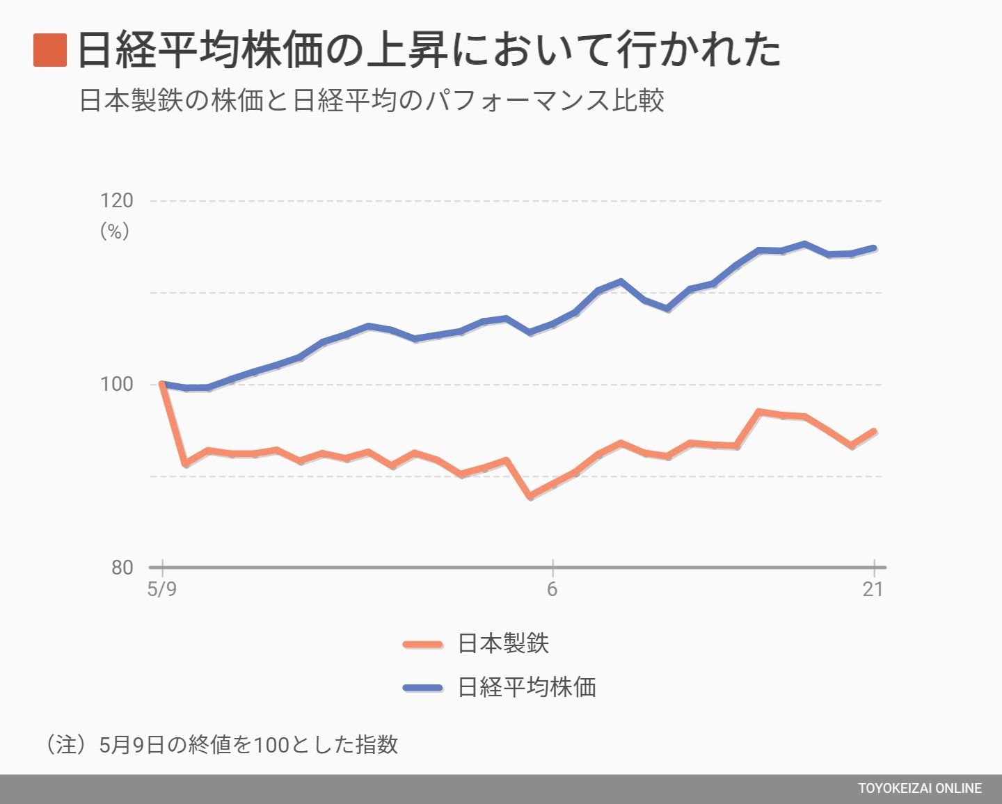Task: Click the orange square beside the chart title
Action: tap(50, 50)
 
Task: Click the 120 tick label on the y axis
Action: tap(116, 201)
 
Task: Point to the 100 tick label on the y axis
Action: tap(116, 384)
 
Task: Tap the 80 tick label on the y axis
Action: tap(122, 568)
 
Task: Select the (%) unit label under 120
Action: tap(115, 231)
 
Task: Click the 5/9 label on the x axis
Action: tap(161, 590)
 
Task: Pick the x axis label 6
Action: tap(552, 590)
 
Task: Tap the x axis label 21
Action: tap(873, 590)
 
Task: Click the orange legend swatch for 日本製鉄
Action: tap(422, 644)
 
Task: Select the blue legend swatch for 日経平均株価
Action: tap(422, 688)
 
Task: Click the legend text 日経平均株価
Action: tap(527, 687)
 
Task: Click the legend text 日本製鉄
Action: tap(503, 643)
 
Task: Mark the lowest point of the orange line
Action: tap(530, 497)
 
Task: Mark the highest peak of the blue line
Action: tap(804, 243)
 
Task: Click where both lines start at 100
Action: tap(161, 384)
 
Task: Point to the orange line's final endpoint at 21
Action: tap(874, 431)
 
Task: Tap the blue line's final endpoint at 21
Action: tap(874, 248)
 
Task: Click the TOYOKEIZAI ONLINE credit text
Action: tap(919, 789)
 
